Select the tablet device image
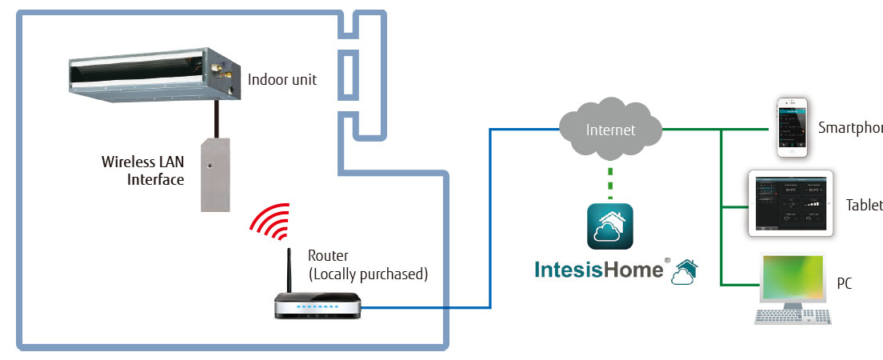click(790, 203)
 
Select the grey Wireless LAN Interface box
click(215, 173)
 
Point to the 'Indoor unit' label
click(282, 79)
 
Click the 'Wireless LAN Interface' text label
click(143, 170)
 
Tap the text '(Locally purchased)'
click(368, 274)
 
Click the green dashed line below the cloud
click(610, 182)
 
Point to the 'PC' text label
click(845, 284)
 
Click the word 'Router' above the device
click(328, 257)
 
